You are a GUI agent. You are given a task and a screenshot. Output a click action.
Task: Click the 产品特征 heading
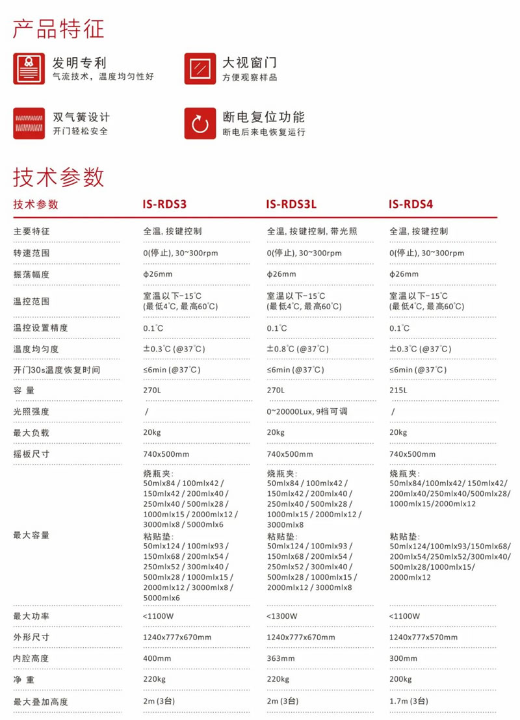point(58,29)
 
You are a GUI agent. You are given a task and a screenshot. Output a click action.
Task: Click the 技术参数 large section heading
point(58,176)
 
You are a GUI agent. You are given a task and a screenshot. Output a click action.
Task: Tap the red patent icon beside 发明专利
point(29,68)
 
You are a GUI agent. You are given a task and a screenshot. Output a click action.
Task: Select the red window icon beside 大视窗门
point(200,68)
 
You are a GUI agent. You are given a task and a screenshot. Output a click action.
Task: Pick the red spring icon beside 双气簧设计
point(29,123)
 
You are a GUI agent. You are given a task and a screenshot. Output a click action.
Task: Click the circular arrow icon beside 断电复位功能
point(200,123)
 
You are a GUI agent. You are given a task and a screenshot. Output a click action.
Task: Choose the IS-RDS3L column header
point(291,204)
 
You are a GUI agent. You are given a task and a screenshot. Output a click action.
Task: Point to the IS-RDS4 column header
point(411,204)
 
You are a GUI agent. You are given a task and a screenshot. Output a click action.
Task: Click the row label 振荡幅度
point(31,274)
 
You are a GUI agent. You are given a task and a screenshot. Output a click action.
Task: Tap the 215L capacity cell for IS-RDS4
point(398,391)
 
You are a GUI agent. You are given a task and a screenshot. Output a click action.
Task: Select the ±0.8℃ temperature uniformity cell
point(298,349)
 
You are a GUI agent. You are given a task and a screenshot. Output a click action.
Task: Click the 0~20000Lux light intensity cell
point(311,411)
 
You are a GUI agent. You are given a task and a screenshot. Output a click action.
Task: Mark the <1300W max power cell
point(282,616)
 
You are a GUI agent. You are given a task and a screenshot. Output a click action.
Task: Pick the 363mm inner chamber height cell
point(279,658)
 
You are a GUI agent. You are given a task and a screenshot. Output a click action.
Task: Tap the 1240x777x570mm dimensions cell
point(423,637)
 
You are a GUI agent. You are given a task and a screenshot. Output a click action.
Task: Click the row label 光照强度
point(31,411)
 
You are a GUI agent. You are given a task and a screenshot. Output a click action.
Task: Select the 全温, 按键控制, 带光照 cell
point(312,231)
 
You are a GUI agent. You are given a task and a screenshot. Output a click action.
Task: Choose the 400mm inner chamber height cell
point(156,658)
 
